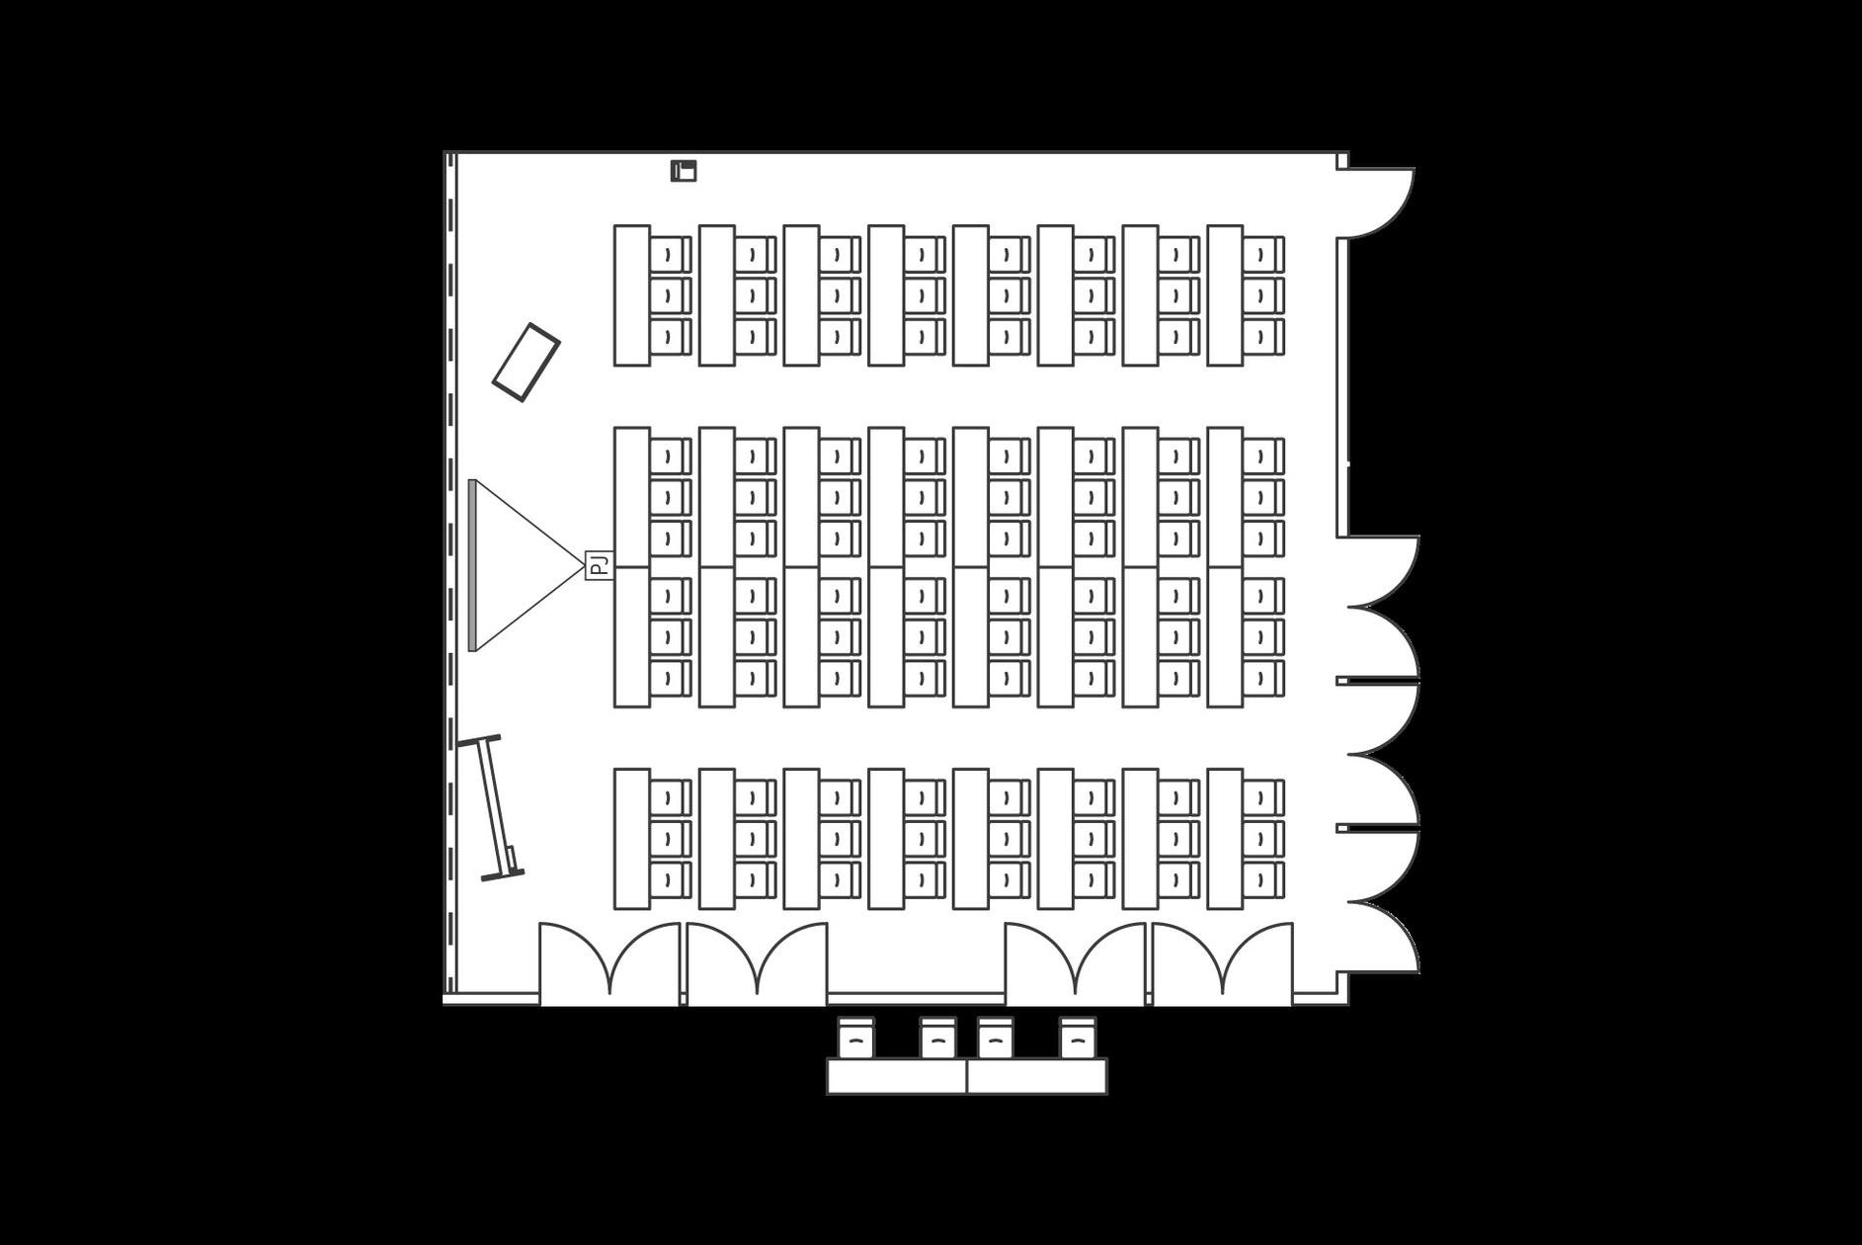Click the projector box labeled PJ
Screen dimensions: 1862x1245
(599, 565)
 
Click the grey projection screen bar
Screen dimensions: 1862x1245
(472, 565)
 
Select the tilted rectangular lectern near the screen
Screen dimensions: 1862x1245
(526, 362)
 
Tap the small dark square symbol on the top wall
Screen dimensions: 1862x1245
(684, 171)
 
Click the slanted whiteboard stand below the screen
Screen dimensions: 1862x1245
(491, 807)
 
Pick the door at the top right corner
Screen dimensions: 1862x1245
(1376, 203)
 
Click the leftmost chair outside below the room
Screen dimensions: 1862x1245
(855, 1037)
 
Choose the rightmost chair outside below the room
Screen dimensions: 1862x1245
(1078, 1037)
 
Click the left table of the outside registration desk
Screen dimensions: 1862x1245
(897, 1076)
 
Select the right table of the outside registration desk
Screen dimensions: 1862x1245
(1037, 1076)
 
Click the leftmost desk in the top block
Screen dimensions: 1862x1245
(632, 295)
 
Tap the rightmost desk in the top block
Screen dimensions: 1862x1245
(1225, 295)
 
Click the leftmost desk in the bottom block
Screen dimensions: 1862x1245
(632, 839)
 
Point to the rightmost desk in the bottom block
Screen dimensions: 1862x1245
(1225, 839)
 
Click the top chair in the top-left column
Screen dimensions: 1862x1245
(671, 255)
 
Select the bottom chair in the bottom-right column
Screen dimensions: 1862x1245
(1263, 880)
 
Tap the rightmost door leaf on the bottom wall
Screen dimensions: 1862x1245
(1257, 958)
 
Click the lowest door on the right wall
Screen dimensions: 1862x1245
(1383, 937)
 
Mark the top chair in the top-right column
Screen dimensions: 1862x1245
(1263, 255)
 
